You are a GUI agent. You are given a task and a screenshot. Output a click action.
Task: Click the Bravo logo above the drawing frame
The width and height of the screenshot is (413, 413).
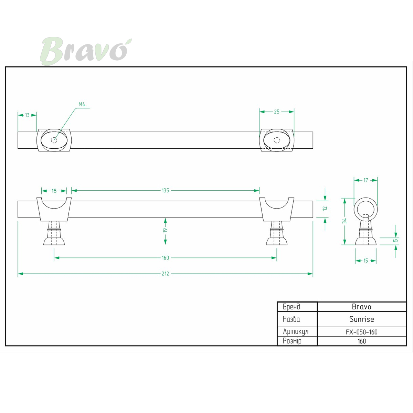click(86, 51)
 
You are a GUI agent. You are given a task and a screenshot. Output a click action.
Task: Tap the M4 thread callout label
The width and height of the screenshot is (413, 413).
click(82, 104)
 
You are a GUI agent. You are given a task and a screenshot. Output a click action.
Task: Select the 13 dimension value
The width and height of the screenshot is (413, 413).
click(27, 115)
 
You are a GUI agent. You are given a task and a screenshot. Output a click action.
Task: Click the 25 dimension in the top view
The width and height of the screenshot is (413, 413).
click(276, 112)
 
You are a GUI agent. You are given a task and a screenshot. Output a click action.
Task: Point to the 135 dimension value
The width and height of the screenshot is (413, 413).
click(165, 191)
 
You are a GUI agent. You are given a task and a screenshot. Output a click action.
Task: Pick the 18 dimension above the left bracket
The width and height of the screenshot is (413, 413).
click(54, 191)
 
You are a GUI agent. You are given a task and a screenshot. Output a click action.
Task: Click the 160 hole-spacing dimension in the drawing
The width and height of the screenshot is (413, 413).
click(165, 258)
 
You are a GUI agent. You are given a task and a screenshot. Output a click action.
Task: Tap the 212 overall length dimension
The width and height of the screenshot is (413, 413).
click(165, 274)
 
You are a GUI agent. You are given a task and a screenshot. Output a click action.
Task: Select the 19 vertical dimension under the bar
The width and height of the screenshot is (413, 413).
click(165, 230)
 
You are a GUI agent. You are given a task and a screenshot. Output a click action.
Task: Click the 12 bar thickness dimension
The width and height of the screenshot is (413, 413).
click(325, 208)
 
